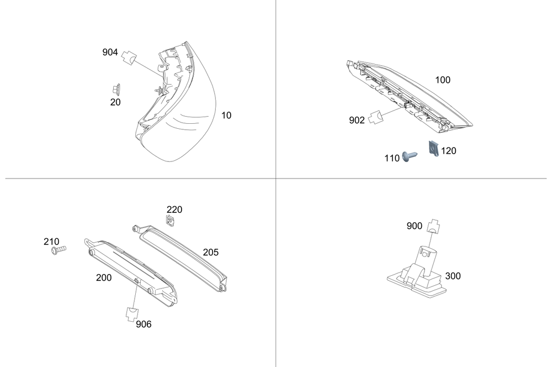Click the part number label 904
110,52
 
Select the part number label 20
115,102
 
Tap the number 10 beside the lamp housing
226,116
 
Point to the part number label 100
443,80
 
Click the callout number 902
357,120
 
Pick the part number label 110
392,158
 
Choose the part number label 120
449,150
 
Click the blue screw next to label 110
410,156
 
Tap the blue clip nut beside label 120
434,148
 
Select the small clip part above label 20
116,88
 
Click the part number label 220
174,209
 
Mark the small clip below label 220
171,221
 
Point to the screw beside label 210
57,251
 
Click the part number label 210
51,242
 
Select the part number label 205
210,252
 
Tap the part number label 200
104,277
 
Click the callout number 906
144,324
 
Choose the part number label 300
453,276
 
